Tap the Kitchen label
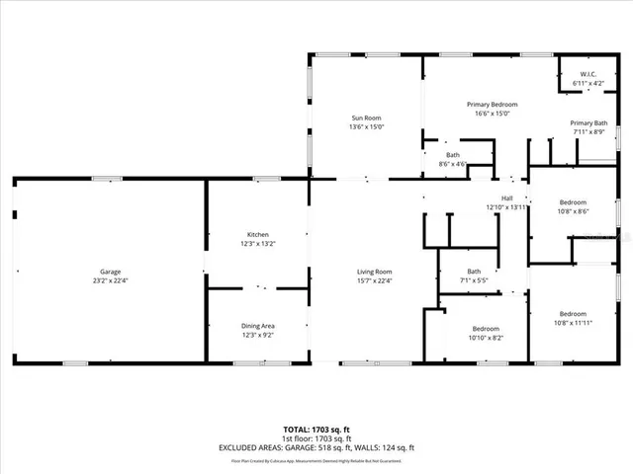point(257,234)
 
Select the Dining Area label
point(257,326)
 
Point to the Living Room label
point(375,272)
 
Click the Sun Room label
point(366,117)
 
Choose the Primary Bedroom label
point(492,104)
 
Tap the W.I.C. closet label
point(588,74)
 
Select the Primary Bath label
point(588,122)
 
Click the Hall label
point(506,198)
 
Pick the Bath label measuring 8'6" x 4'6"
point(452,155)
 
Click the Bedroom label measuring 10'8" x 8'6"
point(573,201)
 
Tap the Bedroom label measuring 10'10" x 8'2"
point(485,328)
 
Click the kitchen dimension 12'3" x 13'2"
point(257,243)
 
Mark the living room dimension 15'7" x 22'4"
point(375,280)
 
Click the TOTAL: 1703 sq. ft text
point(316,431)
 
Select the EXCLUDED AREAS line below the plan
point(316,447)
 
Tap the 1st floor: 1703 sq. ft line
point(316,438)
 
